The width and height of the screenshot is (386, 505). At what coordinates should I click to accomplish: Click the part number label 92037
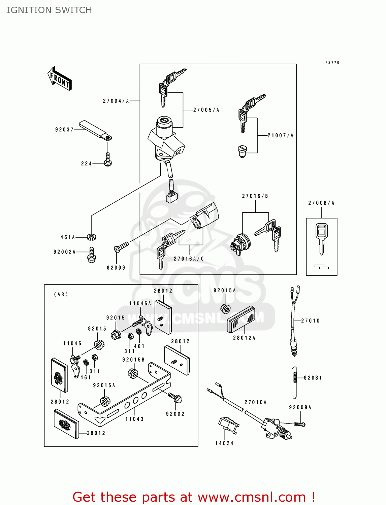point(64,130)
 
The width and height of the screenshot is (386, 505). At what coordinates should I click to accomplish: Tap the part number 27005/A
point(206,110)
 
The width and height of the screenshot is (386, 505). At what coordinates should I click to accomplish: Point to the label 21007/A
point(281,136)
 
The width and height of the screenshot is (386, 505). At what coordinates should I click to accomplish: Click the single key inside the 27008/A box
point(322,237)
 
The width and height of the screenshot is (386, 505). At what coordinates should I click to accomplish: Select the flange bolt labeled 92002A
point(91,255)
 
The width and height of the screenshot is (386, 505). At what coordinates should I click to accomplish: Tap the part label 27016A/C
point(189,259)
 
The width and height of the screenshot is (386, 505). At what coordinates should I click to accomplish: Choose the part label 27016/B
point(255,196)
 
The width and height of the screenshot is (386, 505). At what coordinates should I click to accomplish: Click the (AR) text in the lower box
point(61,295)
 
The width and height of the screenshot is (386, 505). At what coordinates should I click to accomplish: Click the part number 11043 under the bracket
point(134,419)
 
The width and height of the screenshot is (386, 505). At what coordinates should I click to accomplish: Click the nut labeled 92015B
point(133,373)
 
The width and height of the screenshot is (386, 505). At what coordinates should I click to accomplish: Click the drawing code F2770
point(332,63)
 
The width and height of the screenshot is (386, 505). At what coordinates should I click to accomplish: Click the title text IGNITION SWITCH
point(49,10)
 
